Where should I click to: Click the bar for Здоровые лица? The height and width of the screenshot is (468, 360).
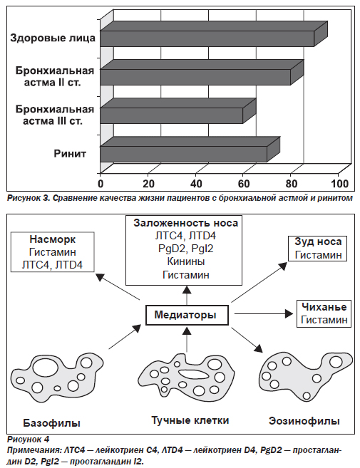pyautogui.click(x=214, y=33)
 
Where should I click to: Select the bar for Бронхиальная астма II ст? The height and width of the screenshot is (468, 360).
pyautogui.click(x=202, y=73)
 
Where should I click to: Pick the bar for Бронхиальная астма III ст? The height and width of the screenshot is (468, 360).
pyautogui.click(x=178, y=110)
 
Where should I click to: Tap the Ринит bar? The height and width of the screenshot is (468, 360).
pyautogui.click(x=190, y=150)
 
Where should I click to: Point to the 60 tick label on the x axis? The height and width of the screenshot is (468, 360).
pyautogui.click(x=244, y=183)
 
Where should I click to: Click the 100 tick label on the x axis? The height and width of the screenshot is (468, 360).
pyautogui.click(x=340, y=183)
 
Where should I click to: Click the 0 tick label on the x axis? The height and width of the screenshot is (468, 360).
pyautogui.click(x=101, y=183)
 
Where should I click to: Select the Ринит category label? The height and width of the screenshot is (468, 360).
pyautogui.click(x=70, y=153)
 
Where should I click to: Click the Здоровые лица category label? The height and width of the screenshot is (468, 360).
pyautogui.click(x=53, y=38)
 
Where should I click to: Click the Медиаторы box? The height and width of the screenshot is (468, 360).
pyautogui.click(x=187, y=315)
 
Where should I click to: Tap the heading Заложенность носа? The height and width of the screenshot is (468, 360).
pyautogui.click(x=185, y=223)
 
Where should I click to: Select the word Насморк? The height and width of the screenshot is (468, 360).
pyautogui.click(x=53, y=239)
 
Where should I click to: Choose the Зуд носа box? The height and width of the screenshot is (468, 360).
pyautogui.click(x=317, y=249)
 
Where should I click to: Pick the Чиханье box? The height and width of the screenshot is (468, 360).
pyautogui.click(x=324, y=313)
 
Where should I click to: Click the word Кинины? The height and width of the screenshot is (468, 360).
pyautogui.click(x=186, y=261)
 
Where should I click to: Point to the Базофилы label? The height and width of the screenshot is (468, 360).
pyautogui.click(x=52, y=423)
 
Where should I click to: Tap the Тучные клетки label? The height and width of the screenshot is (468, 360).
pyautogui.click(x=190, y=420)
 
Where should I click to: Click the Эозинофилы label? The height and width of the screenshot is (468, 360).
pyautogui.click(x=304, y=421)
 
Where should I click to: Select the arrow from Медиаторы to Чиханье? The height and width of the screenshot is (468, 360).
pyautogui.click(x=264, y=313)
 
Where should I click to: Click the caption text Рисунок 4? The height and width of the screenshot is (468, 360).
pyautogui.click(x=28, y=440)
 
